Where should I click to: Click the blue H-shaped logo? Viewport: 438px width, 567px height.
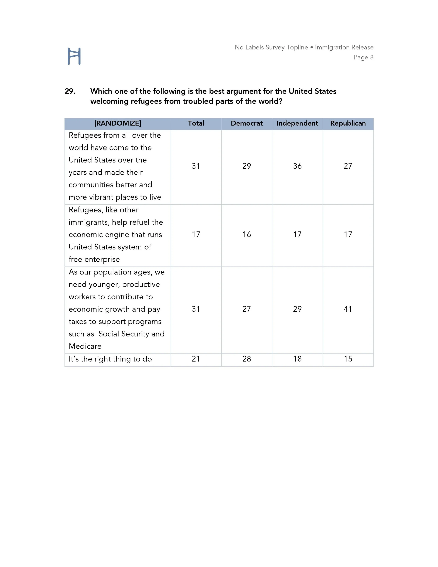(x=74, y=56)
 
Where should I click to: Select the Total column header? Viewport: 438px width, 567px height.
(x=196, y=123)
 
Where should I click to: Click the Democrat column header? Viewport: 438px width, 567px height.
(x=247, y=123)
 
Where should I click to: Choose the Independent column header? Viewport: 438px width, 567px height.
(x=297, y=123)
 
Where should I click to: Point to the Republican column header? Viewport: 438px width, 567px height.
(x=348, y=123)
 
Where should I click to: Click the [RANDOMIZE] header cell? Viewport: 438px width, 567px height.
(x=118, y=123)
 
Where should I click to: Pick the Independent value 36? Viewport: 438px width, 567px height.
(x=297, y=166)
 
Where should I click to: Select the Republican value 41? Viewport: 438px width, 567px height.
(x=348, y=309)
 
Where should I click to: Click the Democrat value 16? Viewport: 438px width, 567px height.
(x=247, y=235)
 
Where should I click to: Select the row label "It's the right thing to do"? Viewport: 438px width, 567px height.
(x=110, y=359)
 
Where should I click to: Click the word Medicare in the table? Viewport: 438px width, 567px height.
(x=85, y=346)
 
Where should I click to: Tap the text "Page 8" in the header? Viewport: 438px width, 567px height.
(x=363, y=57)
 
